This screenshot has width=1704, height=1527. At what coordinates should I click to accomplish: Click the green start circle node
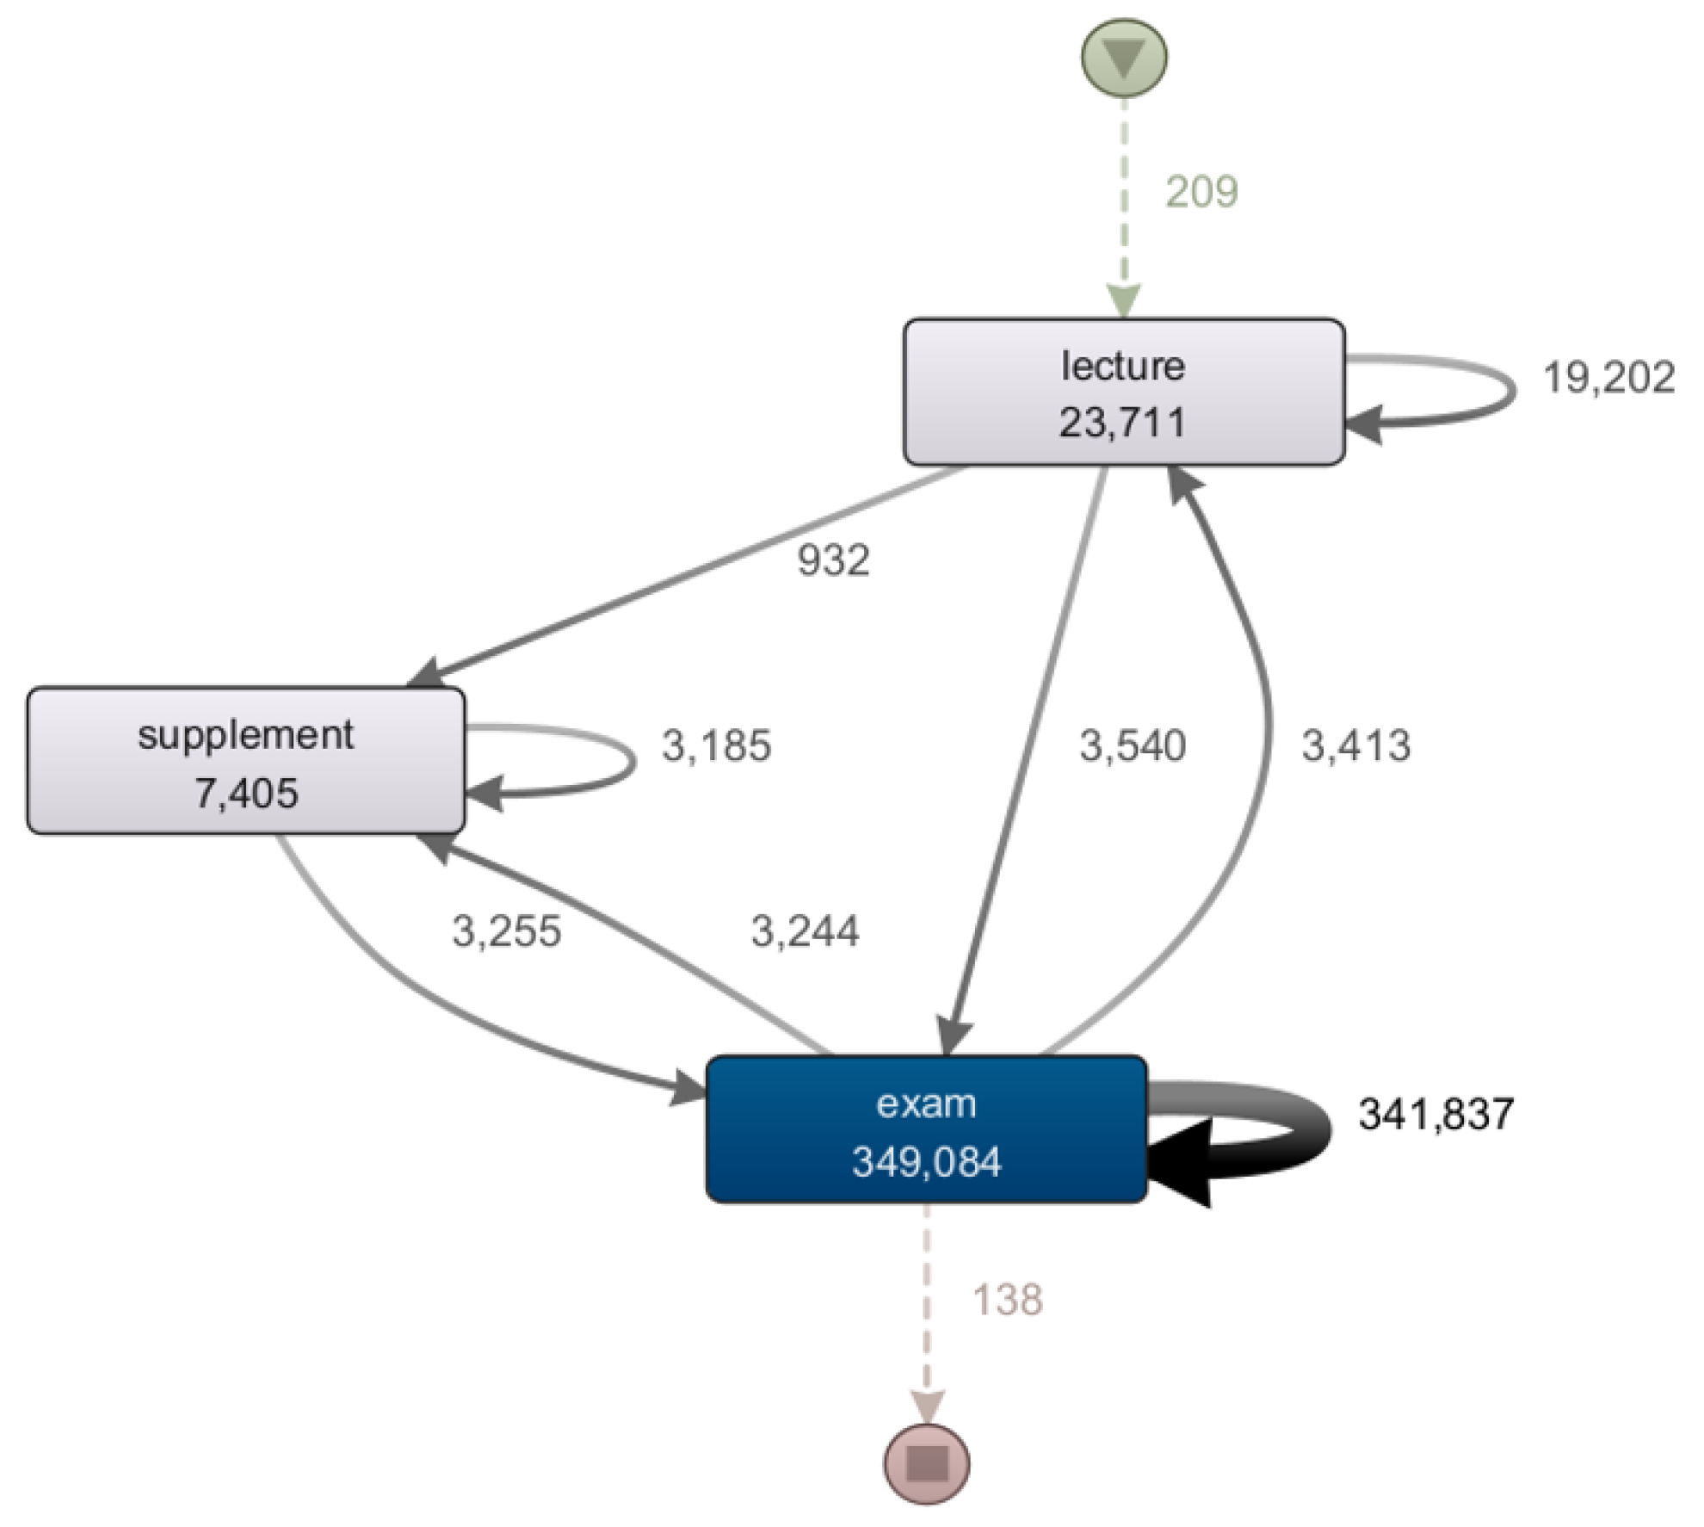pyautogui.click(x=1124, y=58)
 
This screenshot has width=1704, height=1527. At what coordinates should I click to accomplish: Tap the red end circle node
pyautogui.click(x=927, y=1462)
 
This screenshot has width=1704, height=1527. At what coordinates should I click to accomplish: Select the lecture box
pyautogui.click(x=1123, y=392)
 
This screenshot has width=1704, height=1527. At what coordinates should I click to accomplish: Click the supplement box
pyautogui.click(x=246, y=760)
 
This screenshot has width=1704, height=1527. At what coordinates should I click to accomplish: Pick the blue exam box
pyautogui.click(x=926, y=1128)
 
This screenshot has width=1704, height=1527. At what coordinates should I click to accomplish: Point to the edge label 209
pyautogui.click(x=1201, y=192)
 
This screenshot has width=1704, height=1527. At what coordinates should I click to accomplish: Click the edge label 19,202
pyautogui.click(x=1608, y=378)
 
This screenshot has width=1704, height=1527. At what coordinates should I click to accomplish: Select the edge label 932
pyautogui.click(x=832, y=561)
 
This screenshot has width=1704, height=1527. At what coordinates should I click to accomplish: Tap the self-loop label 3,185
pyautogui.click(x=716, y=745)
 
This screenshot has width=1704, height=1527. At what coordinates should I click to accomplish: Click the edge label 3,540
pyautogui.click(x=1133, y=745)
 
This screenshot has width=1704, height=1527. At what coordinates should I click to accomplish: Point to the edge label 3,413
pyautogui.click(x=1355, y=745)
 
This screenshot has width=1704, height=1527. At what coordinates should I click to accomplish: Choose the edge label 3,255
pyautogui.click(x=506, y=931)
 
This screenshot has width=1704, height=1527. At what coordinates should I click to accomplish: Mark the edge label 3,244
pyautogui.click(x=805, y=931)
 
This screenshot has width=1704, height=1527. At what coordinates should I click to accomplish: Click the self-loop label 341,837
pyautogui.click(x=1435, y=1114)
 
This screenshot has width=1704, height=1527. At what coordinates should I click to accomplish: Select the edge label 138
pyautogui.click(x=1007, y=1300)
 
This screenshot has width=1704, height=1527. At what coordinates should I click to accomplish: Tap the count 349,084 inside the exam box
pyautogui.click(x=926, y=1162)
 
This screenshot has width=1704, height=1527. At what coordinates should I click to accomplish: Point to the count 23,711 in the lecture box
pyautogui.click(x=1122, y=423)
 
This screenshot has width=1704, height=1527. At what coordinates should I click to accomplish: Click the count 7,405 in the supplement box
pyautogui.click(x=246, y=793)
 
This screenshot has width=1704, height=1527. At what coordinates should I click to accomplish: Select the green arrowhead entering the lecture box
pyautogui.click(x=1124, y=301)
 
